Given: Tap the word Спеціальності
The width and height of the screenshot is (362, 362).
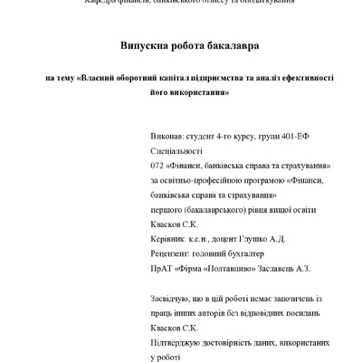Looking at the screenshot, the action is pyautogui.click(x=177, y=153).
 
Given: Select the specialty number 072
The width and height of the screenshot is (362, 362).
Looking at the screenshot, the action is pyautogui.click(x=157, y=167).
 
